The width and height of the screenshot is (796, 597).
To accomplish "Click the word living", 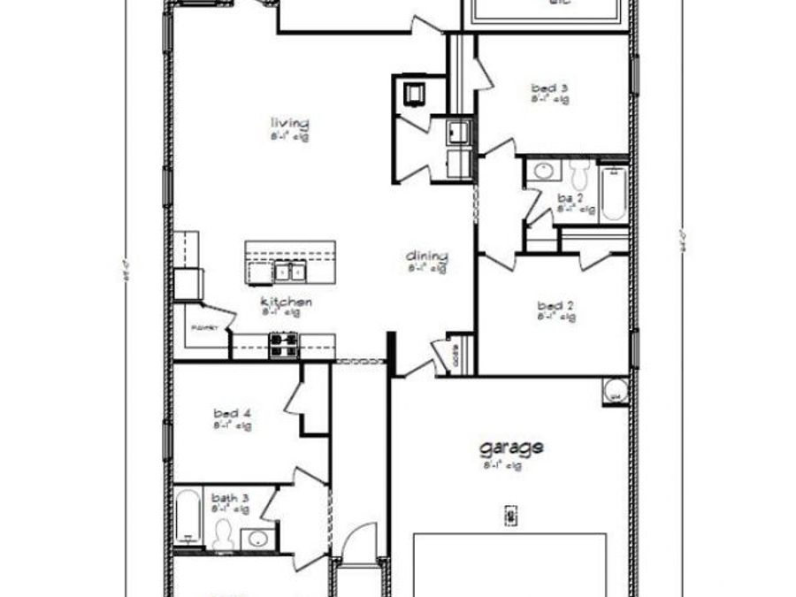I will pyautogui.click(x=289, y=122).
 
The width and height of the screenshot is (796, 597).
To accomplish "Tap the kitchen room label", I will pyautogui.click(x=286, y=302).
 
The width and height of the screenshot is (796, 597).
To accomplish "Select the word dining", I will pyautogui.click(x=427, y=256).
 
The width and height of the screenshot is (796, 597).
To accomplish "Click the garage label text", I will pyautogui.click(x=511, y=448).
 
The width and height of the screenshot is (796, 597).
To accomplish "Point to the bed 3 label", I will pyautogui.click(x=549, y=88).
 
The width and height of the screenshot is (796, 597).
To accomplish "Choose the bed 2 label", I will pyautogui.click(x=556, y=306).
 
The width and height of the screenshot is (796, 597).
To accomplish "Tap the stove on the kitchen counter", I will pyautogui.click(x=285, y=345).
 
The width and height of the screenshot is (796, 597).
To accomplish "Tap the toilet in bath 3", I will pyautogui.click(x=224, y=532).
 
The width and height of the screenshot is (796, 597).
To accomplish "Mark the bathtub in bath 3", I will pyautogui.click(x=187, y=519).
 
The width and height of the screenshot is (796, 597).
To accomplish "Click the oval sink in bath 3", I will pyautogui.click(x=257, y=537).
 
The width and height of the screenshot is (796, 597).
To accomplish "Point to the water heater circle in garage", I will pyautogui.click(x=615, y=388).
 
